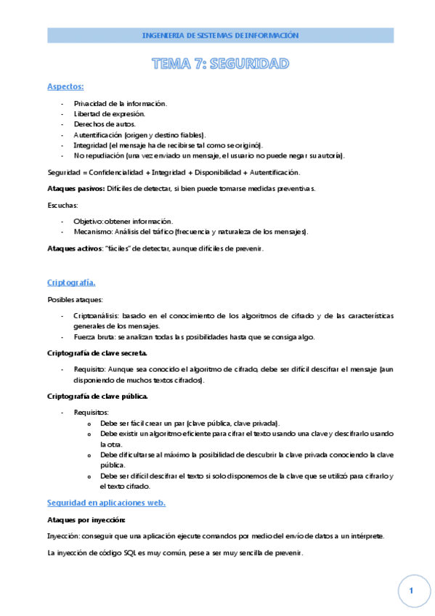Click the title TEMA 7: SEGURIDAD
pos(220,64)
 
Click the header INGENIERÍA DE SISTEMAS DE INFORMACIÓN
pos(220,35)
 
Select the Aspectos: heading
pos(65,87)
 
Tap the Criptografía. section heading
pos(71,282)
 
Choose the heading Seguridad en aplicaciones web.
pos(106,503)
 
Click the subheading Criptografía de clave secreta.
pos(97,352)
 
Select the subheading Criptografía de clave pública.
pos(97,396)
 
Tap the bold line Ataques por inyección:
pos(86,520)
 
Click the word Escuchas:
pos(62,206)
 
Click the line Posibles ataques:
pos(75,299)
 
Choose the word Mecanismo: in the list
pos(92,231)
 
